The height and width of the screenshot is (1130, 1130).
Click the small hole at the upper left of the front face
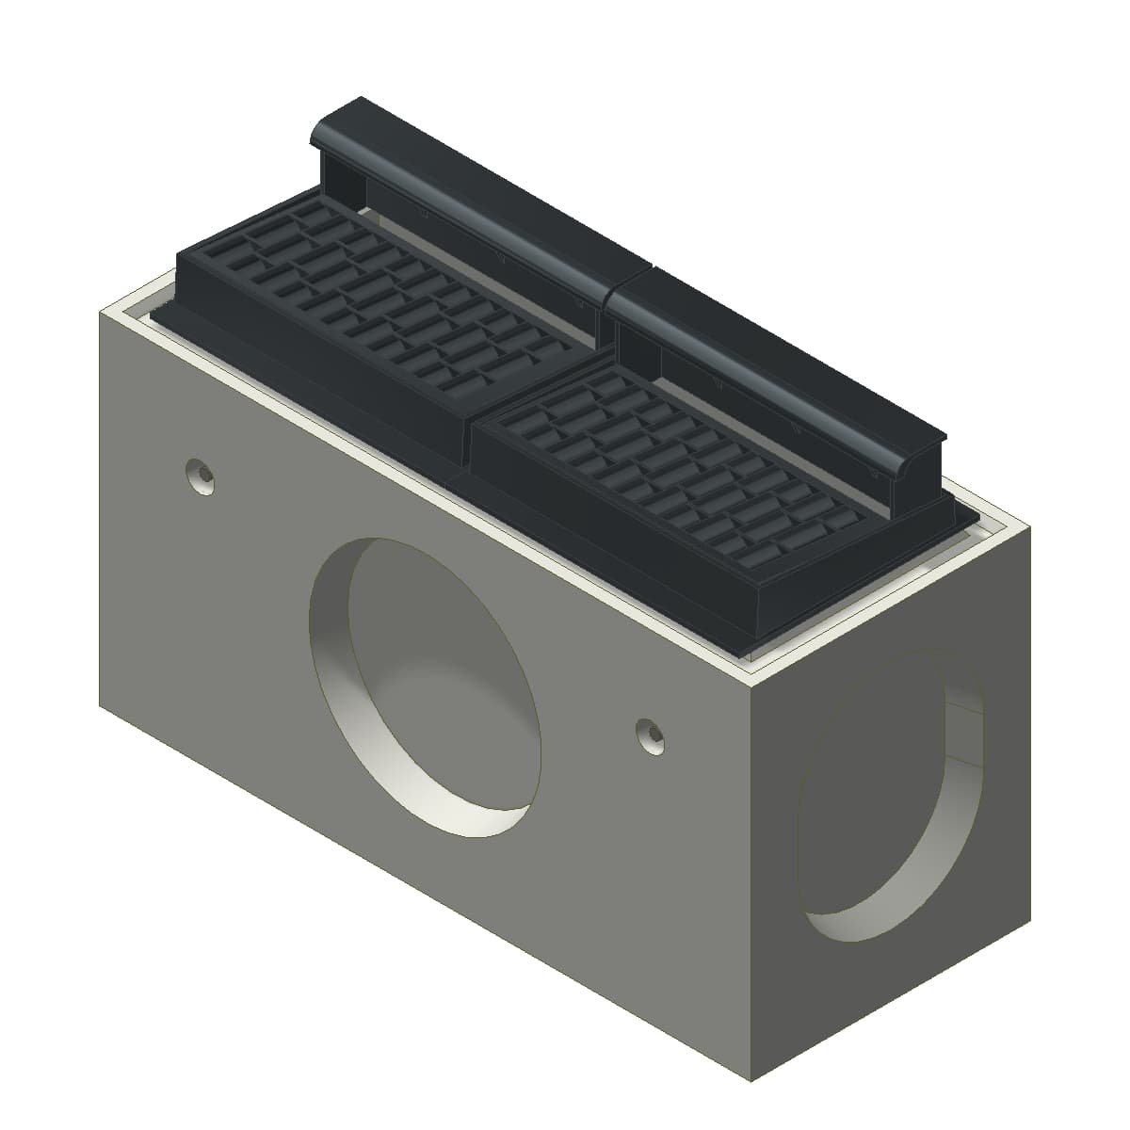coord(200,476)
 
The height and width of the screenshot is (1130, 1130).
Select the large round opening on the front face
coord(428,683)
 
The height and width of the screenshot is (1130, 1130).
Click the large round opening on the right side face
coord(890,791)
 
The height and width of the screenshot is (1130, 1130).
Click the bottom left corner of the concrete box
coord(101,704)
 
